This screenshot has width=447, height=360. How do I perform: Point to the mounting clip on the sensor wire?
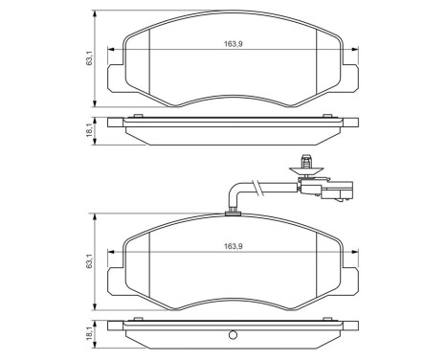point(307,166)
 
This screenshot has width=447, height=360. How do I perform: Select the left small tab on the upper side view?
point(140,117)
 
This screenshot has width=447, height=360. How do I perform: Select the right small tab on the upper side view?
point(325,117)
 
